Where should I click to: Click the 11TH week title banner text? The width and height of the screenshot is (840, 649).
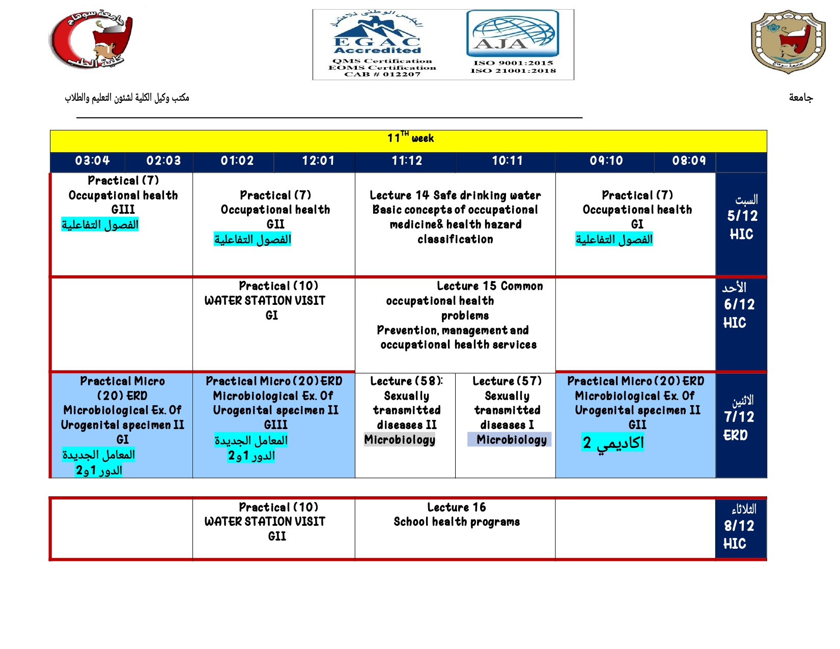(x=410, y=137)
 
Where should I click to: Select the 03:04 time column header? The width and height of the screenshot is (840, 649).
(x=92, y=160)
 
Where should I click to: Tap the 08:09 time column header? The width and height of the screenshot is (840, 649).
(x=689, y=160)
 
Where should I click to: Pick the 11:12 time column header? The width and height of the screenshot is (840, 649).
(x=407, y=160)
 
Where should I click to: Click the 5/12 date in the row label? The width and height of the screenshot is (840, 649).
(x=742, y=216)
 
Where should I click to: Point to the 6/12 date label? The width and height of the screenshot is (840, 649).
(x=739, y=304)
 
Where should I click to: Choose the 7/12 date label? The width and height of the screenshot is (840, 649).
(x=739, y=417)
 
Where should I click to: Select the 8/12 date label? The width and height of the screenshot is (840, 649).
(x=739, y=526)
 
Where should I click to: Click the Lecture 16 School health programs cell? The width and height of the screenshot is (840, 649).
(x=457, y=515)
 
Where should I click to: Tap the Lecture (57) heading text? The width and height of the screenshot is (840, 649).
(x=507, y=381)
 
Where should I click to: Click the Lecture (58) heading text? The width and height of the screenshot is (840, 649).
(x=407, y=381)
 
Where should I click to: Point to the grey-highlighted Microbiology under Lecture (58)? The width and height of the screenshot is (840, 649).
(x=400, y=439)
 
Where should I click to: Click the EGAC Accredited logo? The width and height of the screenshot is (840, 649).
(x=377, y=34)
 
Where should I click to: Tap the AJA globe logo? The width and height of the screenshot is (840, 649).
(x=513, y=34)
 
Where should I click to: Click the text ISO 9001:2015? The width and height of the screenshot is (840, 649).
(x=513, y=63)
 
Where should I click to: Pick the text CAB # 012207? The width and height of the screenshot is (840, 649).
(x=382, y=74)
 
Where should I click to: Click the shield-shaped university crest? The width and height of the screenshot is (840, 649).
(x=788, y=42)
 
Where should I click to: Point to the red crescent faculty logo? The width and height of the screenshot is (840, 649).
(x=91, y=38)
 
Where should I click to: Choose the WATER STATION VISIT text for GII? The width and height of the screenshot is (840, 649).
(x=265, y=522)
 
